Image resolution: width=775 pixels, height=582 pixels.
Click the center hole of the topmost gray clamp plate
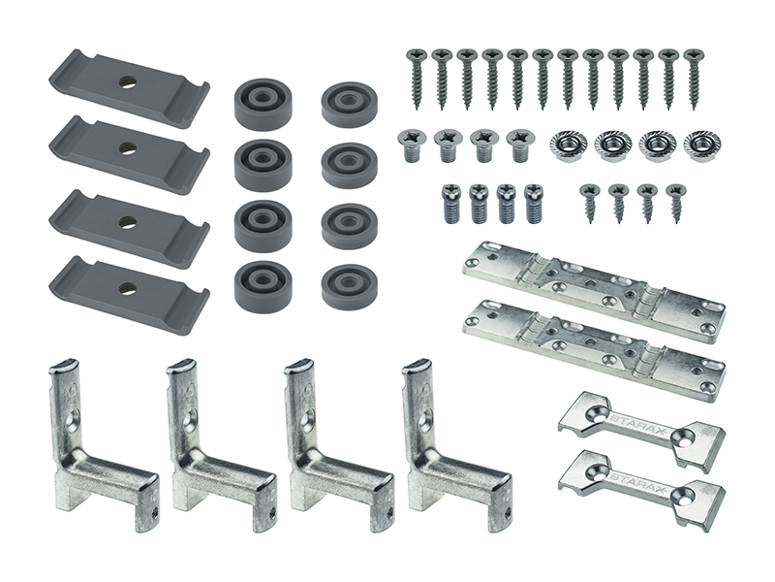click(x=128, y=82)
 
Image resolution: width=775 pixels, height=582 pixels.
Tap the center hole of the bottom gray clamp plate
click(x=128, y=286)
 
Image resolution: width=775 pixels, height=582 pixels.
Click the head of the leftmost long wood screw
click(x=415, y=54)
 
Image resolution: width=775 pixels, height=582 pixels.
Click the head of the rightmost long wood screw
click(x=695, y=54)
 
